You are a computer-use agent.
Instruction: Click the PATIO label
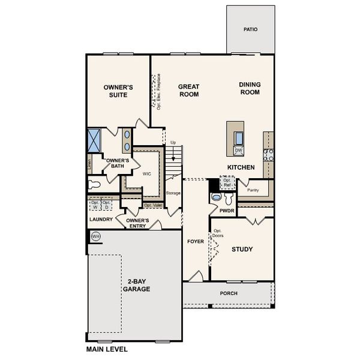coord(250,29)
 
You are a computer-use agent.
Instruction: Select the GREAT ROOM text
coord(188,91)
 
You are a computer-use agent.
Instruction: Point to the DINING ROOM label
coord(250,88)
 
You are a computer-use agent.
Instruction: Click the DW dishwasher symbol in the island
coord(238,151)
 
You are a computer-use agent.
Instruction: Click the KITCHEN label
coord(241,167)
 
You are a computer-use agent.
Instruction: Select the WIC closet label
coord(146,174)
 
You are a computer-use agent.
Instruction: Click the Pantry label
coord(253,190)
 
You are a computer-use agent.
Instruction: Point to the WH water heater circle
coord(95,237)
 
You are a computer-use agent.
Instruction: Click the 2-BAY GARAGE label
coord(137,285)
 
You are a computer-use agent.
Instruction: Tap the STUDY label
coord(242,249)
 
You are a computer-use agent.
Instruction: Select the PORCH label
coord(229,293)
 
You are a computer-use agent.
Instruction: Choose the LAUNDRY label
coord(100,220)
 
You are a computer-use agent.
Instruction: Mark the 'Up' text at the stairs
coord(173,142)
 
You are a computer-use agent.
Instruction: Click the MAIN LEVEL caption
coord(107,349)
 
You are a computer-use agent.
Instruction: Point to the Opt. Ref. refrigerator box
coord(227,181)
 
